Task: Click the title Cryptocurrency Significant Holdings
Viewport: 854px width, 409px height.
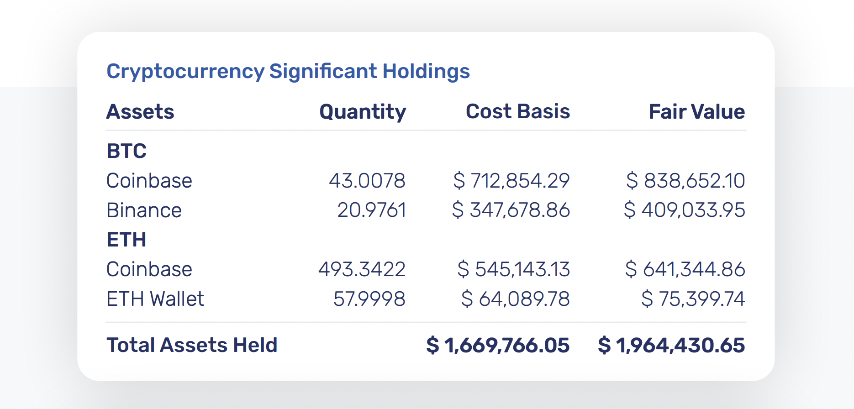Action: tap(288, 71)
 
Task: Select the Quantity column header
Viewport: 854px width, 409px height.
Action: tap(363, 112)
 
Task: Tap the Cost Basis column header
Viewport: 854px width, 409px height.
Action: tap(517, 112)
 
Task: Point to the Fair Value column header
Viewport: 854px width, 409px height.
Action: tap(696, 112)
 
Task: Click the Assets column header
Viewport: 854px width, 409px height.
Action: tap(140, 112)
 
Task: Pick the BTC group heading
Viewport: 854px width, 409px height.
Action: tap(127, 151)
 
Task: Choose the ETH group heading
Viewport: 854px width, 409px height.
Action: tap(127, 240)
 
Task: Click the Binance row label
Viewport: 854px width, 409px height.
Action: tap(144, 210)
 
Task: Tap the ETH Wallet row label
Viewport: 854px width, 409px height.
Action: tap(155, 299)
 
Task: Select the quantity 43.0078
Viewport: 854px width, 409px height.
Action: tap(367, 181)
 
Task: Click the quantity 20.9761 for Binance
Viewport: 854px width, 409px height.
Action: tap(371, 210)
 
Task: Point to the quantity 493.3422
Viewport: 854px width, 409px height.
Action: tap(362, 269)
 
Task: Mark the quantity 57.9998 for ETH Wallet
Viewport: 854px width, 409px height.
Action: tap(369, 299)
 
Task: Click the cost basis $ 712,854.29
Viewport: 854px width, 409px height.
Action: tap(511, 181)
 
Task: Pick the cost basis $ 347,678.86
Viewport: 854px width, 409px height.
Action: tap(511, 210)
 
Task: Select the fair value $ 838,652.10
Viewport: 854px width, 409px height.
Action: tap(685, 181)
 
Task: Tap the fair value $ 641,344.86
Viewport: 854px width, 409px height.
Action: tap(685, 269)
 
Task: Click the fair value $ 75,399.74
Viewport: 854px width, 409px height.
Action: tap(693, 299)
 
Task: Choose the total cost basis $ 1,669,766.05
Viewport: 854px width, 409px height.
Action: tap(498, 345)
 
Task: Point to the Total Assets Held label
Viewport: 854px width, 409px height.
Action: tap(192, 345)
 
